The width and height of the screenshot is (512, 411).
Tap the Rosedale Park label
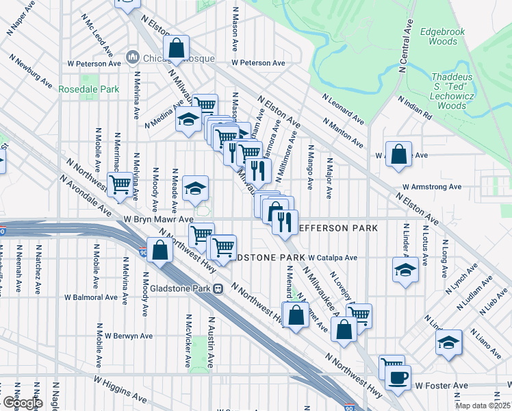point(89,89)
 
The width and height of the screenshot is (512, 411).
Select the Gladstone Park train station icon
point(218,288)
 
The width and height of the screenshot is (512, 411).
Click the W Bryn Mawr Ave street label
point(158,219)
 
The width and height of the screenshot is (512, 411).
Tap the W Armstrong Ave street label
point(431,186)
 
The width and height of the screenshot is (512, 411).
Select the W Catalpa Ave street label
point(333,258)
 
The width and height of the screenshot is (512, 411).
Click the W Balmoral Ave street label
point(91,297)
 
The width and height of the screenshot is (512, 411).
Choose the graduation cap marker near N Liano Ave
point(449,342)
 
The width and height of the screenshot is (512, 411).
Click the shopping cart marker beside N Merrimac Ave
point(120,184)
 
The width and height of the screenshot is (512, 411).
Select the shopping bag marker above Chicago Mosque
point(176,48)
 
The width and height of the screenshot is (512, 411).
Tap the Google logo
point(22,403)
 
